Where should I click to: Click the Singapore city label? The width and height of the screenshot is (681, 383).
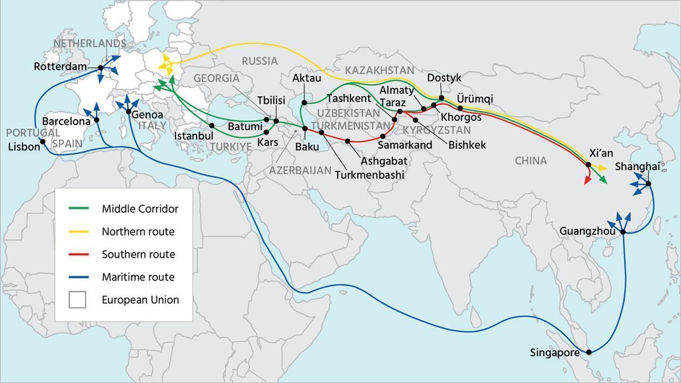555,353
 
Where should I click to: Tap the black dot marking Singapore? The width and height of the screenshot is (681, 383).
588,352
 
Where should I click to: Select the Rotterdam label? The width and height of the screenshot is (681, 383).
60,67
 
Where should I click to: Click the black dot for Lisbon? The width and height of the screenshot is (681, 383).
43,141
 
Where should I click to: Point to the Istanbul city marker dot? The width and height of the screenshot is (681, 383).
212,126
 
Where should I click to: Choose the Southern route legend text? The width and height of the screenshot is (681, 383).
138,255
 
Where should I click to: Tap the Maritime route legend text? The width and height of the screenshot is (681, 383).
138,277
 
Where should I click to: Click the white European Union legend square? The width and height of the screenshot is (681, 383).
77,300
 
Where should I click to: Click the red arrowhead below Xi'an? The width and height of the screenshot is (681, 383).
587,181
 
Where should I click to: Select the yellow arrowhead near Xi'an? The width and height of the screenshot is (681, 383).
603,168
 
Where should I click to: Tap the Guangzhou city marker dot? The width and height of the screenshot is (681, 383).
622,231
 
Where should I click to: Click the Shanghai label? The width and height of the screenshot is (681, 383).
637,166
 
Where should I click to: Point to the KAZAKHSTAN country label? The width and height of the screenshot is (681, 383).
379,70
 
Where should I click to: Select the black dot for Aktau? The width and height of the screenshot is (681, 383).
304,103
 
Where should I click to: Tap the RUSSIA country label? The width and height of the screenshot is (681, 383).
260,61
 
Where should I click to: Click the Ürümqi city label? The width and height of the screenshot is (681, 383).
475,99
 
